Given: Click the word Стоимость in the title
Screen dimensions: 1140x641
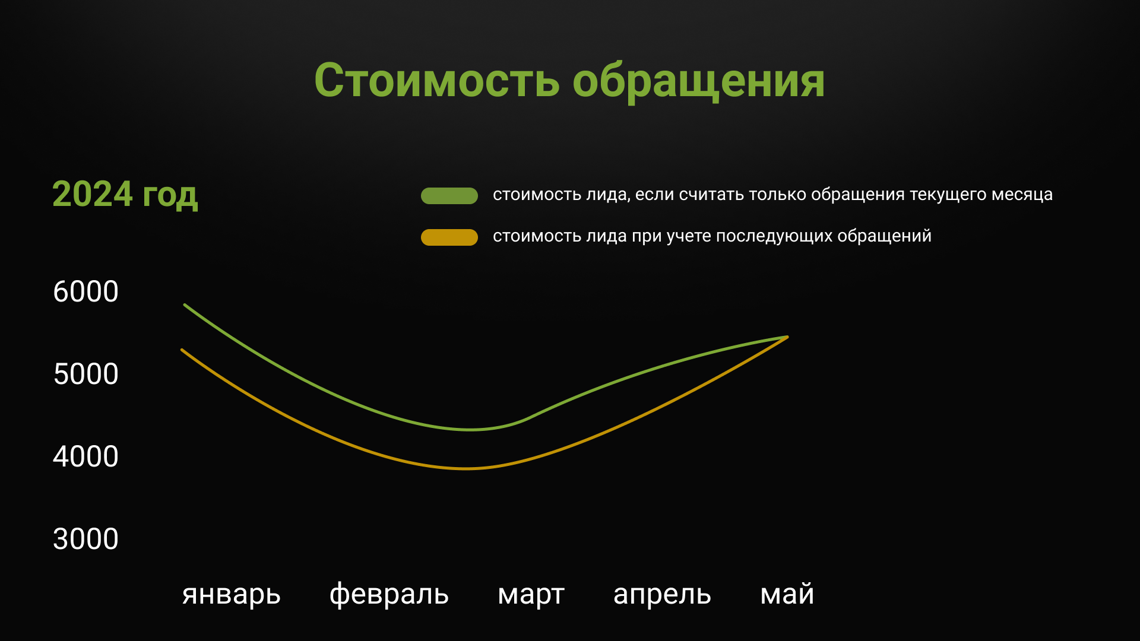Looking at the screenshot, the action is pyautogui.click(x=436, y=80).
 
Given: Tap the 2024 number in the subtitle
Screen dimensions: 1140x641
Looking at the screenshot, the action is pyautogui.click(x=93, y=194).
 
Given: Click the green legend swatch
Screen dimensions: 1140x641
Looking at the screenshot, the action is pyautogui.click(x=449, y=196).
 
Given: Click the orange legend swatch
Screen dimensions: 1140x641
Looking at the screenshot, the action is pyautogui.click(x=449, y=237).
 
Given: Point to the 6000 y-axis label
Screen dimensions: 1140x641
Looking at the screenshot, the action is pyautogui.click(x=85, y=291).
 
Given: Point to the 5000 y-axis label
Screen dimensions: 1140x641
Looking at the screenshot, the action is pyautogui.click(x=85, y=374).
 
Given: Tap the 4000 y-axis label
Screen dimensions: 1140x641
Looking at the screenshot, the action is pyautogui.click(x=85, y=456).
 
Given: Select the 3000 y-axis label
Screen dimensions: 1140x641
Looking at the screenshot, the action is pyautogui.click(x=85, y=539).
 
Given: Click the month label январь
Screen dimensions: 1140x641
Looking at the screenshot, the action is pyautogui.click(x=232, y=595).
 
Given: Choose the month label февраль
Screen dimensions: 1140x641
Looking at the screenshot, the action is pyautogui.click(x=389, y=594).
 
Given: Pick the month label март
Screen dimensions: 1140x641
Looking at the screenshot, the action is pyautogui.click(x=531, y=595).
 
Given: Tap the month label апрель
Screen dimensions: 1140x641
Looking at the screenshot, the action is pyautogui.click(x=662, y=595).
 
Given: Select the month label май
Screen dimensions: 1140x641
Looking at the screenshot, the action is pyautogui.click(x=787, y=594).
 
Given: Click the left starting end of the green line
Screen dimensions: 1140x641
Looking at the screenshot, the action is pyautogui.click(x=185, y=305).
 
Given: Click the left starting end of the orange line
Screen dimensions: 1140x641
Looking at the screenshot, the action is pyautogui.click(x=182, y=350).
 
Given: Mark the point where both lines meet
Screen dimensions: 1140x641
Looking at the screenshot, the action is pyautogui.click(x=787, y=337).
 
